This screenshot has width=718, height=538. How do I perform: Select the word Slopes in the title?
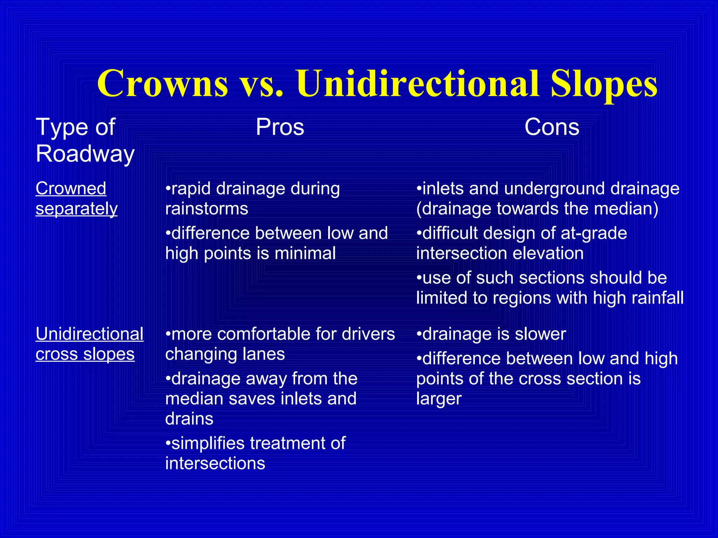click(604, 84)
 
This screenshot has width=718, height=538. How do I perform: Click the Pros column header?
click(280, 127)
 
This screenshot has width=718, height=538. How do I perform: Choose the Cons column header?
click(552, 127)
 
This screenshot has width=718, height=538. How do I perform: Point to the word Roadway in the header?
click(85, 154)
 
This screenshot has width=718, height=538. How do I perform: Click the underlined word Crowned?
click(71, 188)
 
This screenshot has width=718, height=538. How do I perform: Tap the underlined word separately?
click(76, 209)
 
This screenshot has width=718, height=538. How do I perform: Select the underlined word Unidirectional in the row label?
click(89, 334)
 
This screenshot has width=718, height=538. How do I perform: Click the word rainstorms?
click(207, 209)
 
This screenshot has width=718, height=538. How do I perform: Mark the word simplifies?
click(208, 443)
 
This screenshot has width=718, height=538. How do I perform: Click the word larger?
click(439, 399)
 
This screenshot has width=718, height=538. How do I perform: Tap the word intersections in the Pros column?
click(215, 463)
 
